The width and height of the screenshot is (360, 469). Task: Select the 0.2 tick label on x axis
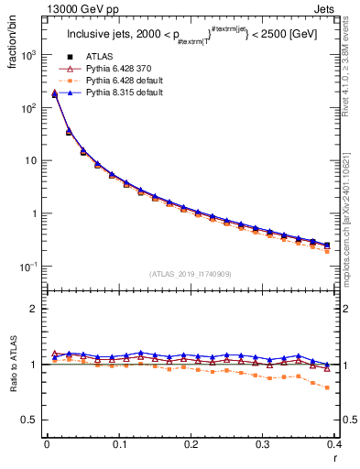pyautogui.click(x=191, y=444)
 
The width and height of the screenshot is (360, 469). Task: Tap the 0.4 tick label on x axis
pyautogui.click(x=334, y=444)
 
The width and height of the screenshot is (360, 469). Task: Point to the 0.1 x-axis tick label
pyautogui.click(x=119, y=444)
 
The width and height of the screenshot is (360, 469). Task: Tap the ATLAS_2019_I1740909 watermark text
pyautogui.click(x=190, y=274)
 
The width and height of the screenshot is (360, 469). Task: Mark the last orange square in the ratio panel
pyautogui.click(x=327, y=387)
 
